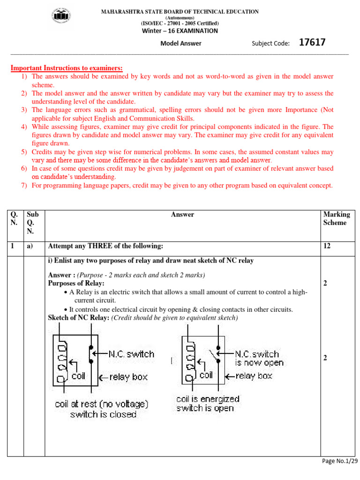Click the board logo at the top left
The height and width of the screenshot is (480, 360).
coord(62,17)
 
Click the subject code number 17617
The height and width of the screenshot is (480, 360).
coord(312,43)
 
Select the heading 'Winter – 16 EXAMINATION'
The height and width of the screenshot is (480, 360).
coord(180,31)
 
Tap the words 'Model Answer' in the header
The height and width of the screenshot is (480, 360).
coord(181,44)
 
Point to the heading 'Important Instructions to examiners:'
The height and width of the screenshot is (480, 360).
coord(67,68)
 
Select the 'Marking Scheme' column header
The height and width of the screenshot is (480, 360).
coord(336,218)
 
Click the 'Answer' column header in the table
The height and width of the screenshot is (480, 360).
coord(182,215)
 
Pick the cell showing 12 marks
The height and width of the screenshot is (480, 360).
coord(327,246)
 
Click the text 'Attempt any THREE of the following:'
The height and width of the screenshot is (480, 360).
coord(106,246)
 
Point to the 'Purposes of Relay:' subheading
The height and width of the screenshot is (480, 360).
coord(76,284)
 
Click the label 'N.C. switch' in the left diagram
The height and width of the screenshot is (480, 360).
coord(131,354)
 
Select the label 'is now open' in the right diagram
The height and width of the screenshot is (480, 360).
coord(259,363)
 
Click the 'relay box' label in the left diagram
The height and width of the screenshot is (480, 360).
coord(128,377)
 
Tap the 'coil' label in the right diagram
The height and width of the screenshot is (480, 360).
coord(206,375)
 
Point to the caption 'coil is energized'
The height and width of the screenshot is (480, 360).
coord(208,399)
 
